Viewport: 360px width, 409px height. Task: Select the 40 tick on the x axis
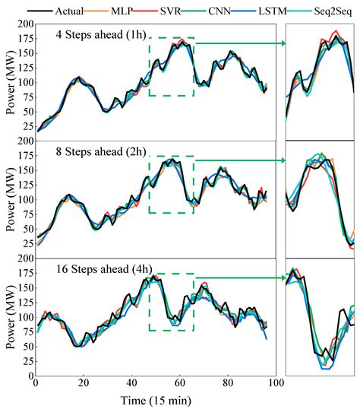[132, 384]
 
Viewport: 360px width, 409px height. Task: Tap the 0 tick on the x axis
[36, 384]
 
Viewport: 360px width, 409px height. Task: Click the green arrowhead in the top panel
[282, 43]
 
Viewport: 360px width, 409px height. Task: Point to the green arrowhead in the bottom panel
[282, 278]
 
